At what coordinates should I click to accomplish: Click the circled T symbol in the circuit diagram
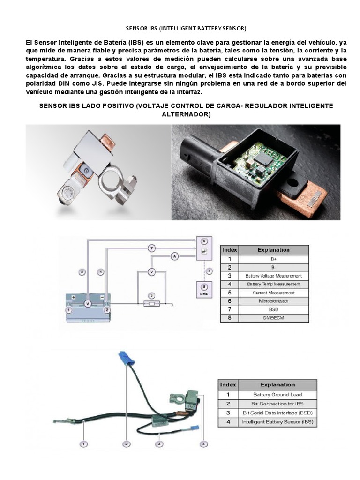pyautogui.click(x=151, y=247)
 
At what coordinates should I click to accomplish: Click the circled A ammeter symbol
pyautogui.click(x=174, y=256)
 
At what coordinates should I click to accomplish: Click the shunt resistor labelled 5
pyautogui.click(x=151, y=303)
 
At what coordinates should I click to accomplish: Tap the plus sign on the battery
pyautogui.click(x=74, y=297)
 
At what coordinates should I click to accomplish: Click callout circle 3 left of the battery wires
pyautogui.click(x=82, y=272)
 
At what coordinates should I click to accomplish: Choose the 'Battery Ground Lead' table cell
pyautogui.click(x=277, y=395)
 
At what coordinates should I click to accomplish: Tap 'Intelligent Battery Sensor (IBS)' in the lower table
pyautogui.click(x=277, y=422)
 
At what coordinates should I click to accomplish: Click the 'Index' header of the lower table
pyautogui.click(x=228, y=385)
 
